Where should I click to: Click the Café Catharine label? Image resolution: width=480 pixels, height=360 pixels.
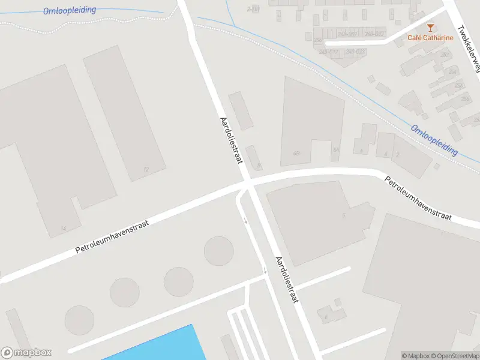430,38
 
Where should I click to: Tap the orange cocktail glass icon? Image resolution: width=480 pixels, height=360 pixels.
430,27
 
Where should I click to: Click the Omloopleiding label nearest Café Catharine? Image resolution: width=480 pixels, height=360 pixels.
434,140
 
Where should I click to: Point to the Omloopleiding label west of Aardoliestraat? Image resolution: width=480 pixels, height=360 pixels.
70,11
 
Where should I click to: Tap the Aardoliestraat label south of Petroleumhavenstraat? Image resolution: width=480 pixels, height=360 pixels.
286,280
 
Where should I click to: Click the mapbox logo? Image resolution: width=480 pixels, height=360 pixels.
26,353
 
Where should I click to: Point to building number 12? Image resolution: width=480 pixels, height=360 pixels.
146,170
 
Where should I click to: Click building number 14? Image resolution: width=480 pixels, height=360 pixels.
64,229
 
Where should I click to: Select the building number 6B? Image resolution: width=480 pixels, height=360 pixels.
296,154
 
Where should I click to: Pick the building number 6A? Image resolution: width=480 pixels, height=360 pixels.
336,150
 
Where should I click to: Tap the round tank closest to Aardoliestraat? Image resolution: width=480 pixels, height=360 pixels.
218,251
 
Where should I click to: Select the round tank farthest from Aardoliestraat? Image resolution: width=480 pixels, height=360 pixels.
79,320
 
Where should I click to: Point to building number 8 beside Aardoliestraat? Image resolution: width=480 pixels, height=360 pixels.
259,165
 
